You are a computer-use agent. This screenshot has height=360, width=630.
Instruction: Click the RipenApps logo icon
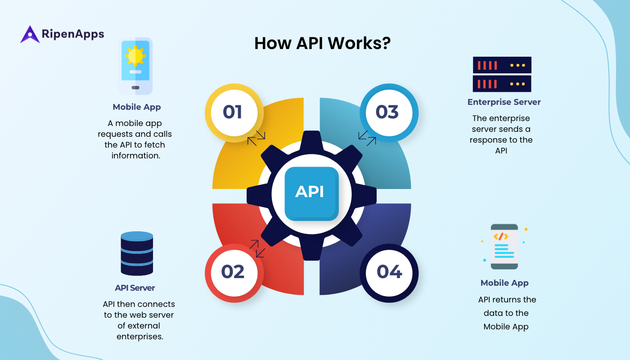[30, 35]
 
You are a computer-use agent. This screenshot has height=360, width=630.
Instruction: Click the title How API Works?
[322, 43]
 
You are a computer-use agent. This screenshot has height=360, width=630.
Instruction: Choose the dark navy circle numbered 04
[389, 272]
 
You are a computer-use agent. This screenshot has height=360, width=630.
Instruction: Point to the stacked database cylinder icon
[137, 253]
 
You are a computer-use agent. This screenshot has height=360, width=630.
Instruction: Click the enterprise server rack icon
[502, 74]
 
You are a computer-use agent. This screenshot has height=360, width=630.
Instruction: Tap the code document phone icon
[504, 247]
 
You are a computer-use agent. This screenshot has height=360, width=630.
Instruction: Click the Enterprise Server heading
[504, 102]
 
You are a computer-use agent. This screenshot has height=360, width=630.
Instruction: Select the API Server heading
[135, 288]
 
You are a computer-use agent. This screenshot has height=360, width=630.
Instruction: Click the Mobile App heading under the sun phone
[137, 107]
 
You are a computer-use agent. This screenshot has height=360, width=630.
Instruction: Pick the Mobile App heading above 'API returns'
[504, 283]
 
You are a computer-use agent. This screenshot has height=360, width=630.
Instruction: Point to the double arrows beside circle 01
[256, 138]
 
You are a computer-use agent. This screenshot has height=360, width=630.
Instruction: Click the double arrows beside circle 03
[367, 138]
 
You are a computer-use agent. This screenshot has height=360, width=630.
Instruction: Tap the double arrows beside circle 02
[257, 248]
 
